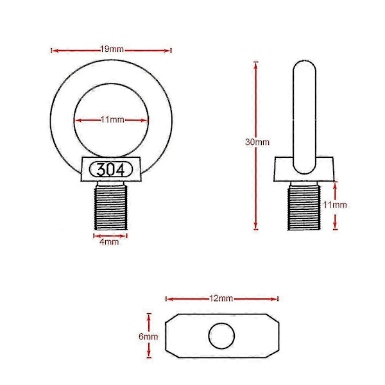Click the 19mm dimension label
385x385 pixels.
pyautogui.click(x=112, y=49)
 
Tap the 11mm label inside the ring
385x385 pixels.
pyautogui.click(x=112, y=119)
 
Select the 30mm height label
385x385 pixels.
pyautogui.click(x=257, y=142)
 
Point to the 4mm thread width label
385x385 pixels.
pyautogui.click(x=109, y=242)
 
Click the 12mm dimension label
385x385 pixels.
pyautogui.click(x=221, y=298)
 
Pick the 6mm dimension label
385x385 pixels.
pyautogui.click(x=148, y=336)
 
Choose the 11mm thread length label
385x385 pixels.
pyautogui.click(x=335, y=205)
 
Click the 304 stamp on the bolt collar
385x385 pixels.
pyautogui.click(x=110, y=169)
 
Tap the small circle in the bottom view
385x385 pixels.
pyautogui.click(x=221, y=336)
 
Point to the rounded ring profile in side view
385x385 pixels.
pyautogui.click(x=304, y=117)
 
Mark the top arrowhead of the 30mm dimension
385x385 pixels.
pyautogui.click(x=256, y=65)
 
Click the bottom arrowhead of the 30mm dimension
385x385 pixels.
pyautogui.click(x=256, y=226)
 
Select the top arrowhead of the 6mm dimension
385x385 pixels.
pyautogui.click(x=149, y=317)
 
